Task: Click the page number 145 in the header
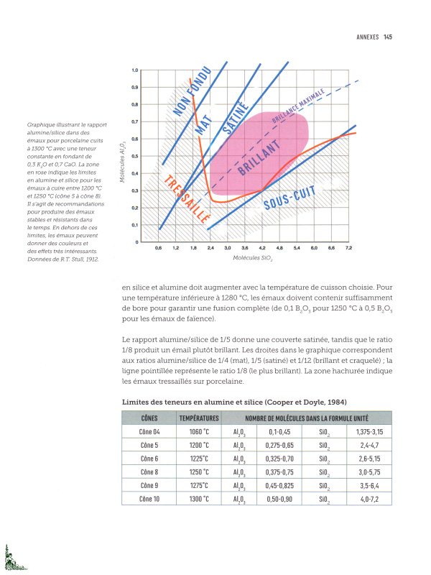coord(387,37)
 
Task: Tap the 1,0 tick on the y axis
coord(134,70)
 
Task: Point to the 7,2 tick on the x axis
coord(348,247)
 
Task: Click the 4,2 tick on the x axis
coord(262,247)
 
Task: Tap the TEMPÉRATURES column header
coord(199,418)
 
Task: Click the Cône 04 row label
coord(149,432)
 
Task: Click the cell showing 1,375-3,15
coord(367,432)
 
